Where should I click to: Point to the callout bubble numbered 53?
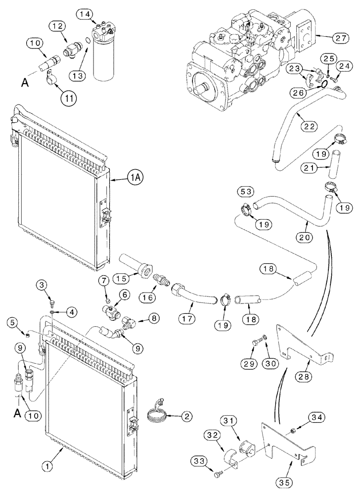[x=245, y=191]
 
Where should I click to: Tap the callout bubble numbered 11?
[x=69, y=97]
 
